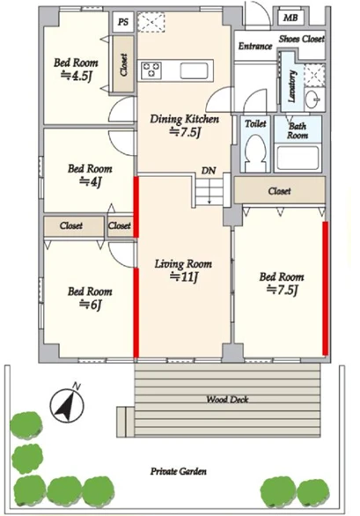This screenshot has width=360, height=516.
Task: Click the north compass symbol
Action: coord(67,405)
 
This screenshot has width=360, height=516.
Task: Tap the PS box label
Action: coord(123,22)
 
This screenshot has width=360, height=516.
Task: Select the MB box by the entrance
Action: coord(290,18)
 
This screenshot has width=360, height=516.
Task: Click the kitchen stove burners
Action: coord(151,70)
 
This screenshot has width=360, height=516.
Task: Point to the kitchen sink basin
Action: coord(195,70)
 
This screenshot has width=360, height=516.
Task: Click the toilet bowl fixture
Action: coord(255,152)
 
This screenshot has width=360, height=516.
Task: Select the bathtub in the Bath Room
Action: coord(298,158)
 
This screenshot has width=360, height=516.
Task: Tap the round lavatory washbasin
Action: coord(312,99)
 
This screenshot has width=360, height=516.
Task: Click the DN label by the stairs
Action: coord(209,171)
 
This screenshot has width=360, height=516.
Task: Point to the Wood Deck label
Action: coord(227,400)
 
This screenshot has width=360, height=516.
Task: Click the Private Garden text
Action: coord(179,471)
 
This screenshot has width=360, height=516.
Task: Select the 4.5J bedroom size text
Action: coord(76,76)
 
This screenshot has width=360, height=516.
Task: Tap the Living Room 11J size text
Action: coord(183,277)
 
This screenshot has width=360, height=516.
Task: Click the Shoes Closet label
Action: coord(302,39)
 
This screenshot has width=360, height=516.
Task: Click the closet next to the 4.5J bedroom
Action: coord(123,64)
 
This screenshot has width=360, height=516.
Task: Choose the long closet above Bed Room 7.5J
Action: coord(280,190)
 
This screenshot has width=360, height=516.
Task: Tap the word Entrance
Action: coord(255,46)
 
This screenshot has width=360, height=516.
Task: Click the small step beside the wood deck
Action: coord(125,422)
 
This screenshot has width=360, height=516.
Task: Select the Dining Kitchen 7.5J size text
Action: coord(185,132)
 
